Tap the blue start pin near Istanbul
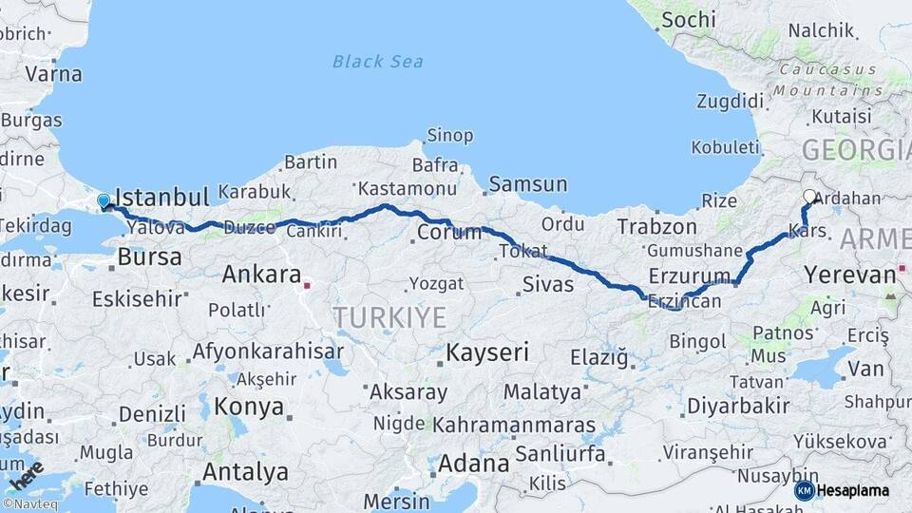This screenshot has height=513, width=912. [104, 201]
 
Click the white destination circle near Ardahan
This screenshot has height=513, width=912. [809, 197]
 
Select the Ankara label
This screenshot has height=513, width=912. [261, 275]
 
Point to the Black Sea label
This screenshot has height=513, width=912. [377, 62]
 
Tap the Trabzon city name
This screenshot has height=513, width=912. [657, 227]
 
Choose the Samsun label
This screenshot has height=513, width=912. [528, 184]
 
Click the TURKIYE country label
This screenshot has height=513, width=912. [389, 317]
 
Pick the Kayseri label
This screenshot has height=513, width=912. [486, 353]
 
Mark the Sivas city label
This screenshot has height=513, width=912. [548, 284]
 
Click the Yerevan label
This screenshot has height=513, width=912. [849, 275]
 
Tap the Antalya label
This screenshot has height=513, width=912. [245, 471]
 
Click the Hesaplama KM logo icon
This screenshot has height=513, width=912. [804, 490]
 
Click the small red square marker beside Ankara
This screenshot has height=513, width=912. [307, 283]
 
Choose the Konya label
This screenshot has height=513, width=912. [249, 407]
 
